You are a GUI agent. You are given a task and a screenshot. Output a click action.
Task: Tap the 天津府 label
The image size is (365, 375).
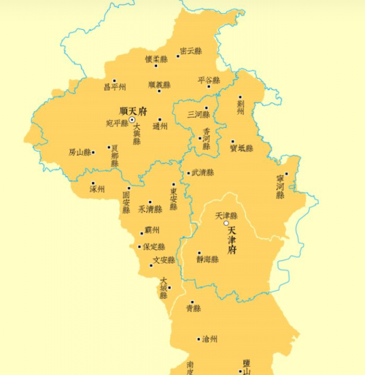pyautogui.click(x=241, y=240)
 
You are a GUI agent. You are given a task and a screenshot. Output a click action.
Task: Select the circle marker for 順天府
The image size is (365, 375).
pyautogui.click(x=132, y=119)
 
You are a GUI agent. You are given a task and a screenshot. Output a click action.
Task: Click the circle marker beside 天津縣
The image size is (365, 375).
pyautogui.click(x=226, y=223)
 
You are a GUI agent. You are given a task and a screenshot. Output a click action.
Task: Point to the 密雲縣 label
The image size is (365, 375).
pyautogui.click(x=191, y=52)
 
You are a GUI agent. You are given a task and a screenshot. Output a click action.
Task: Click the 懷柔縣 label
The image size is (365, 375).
pyautogui.click(x=156, y=59)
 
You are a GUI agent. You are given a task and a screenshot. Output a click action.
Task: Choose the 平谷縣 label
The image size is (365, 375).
pyautogui.click(x=209, y=79)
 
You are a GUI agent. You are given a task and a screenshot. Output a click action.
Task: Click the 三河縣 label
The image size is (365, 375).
pyautogui.click(x=198, y=114)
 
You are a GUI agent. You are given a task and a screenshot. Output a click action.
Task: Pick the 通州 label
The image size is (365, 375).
pyautogui.click(x=160, y=126)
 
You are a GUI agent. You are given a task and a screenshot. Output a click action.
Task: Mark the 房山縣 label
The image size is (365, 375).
pyautogui.click(x=80, y=152)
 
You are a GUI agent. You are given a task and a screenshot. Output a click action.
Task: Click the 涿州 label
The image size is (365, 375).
pyautogui.click(x=97, y=189)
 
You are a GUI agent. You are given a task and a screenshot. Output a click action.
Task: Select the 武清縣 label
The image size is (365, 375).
pyautogui.click(x=203, y=173)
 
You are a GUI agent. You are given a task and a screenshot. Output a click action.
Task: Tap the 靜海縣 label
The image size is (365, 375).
pyautogui.click(x=207, y=259)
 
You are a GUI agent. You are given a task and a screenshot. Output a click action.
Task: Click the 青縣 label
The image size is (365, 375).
pyautogui.click(x=193, y=309)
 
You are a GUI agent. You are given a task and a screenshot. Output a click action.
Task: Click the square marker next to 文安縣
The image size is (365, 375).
pyautogui.click(x=151, y=265)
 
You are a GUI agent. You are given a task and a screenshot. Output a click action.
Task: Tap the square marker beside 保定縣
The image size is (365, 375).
pyautogui.click(x=139, y=247)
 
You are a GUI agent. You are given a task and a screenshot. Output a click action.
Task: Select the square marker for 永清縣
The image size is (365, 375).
pyautogui.click(x=150, y=202)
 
